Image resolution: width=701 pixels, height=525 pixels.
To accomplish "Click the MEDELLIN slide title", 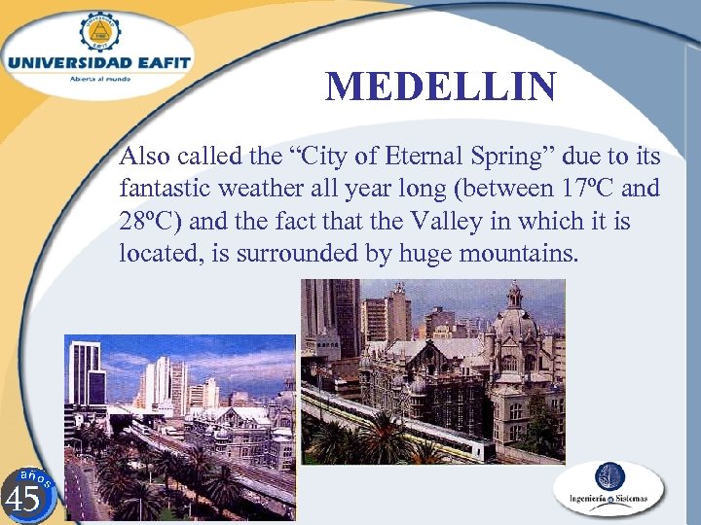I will pyautogui.click(x=441, y=87).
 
